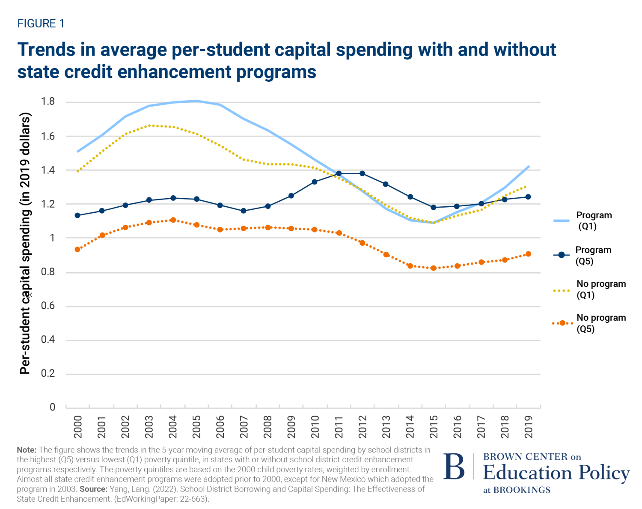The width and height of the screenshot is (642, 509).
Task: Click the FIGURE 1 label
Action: [x=41, y=24]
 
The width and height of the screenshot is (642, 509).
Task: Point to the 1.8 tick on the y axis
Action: [x=48, y=101]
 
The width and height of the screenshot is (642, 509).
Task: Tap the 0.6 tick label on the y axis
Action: [x=48, y=306]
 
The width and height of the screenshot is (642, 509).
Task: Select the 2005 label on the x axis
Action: [x=196, y=426]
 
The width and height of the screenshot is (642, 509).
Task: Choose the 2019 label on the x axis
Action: [x=528, y=426]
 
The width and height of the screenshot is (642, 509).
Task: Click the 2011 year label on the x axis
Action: [x=339, y=426]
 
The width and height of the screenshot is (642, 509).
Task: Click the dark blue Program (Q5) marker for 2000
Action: [x=77, y=215]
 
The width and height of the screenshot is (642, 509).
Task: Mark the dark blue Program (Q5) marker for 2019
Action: [x=528, y=197]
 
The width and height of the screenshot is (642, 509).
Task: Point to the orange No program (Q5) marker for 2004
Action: [x=173, y=220]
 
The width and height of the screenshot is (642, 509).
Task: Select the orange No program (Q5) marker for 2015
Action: [x=434, y=268]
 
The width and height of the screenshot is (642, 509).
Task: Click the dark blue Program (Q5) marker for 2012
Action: [x=363, y=173]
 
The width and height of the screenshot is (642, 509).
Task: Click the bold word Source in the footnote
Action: [x=93, y=489]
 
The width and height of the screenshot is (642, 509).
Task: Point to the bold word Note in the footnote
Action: [x=27, y=450]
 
